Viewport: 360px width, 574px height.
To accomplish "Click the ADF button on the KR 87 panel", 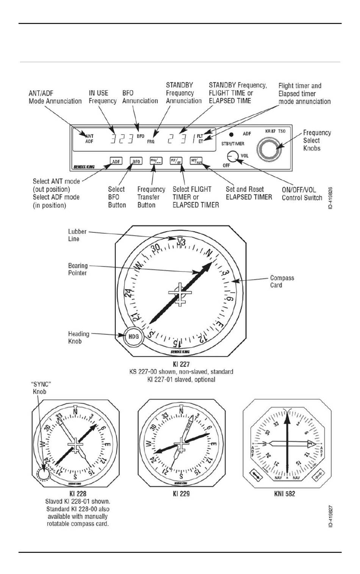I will [x=116, y=161].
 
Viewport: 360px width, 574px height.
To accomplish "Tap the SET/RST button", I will [x=196, y=161].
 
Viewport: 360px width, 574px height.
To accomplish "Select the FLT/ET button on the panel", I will [x=176, y=161].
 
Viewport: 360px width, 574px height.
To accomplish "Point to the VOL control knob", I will [x=232, y=156].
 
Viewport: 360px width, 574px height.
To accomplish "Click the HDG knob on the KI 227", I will [x=133, y=336].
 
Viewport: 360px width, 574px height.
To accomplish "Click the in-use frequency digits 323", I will [x=122, y=139].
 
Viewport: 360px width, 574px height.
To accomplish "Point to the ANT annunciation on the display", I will [x=89, y=136].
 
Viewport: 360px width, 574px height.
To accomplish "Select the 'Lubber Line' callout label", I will [x=77, y=235].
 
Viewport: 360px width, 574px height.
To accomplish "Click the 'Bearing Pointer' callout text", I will [x=78, y=269].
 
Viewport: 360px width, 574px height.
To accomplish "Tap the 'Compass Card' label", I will [x=282, y=281].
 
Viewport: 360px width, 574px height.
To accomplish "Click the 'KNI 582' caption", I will [x=284, y=494].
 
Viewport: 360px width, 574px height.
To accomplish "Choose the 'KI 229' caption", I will [x=181, y=494].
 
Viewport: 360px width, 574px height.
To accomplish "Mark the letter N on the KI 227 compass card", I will [x=209, y=252].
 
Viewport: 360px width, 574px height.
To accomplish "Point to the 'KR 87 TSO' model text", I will [x=275, y=131].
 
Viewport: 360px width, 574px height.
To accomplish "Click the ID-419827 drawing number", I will [x=330, y=516].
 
